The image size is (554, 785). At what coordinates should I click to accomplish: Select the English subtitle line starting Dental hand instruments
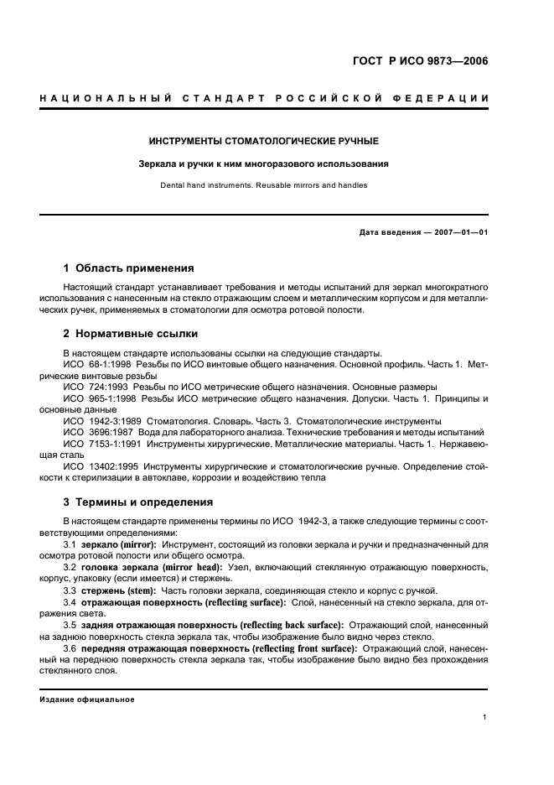pos(263,185)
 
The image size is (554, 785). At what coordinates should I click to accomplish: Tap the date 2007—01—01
pos(458,231)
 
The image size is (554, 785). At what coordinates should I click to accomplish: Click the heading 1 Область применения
pos(129,268)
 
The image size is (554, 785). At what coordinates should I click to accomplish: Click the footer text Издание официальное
pos(87,699)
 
